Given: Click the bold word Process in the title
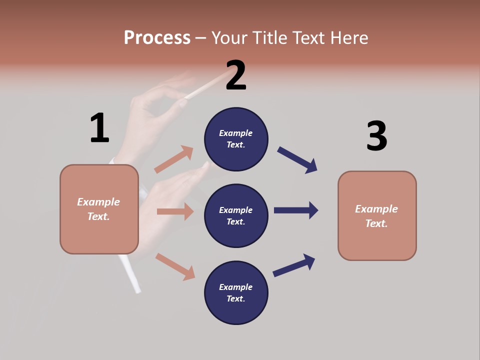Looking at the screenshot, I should tap(157, 38).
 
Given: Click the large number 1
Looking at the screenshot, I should tap(99, 128).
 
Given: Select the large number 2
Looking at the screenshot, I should tap(236, 75).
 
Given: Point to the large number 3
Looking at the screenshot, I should tap(376, 136).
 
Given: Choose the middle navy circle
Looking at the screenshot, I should tap(236, 215).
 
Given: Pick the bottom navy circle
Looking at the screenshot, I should tap(236, 292).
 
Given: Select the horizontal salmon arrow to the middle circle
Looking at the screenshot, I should tap(175, 211).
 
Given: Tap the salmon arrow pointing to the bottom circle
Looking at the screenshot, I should tap(175, 266).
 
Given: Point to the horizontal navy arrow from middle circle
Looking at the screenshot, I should tap(296, 210).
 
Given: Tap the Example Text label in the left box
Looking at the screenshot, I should tap(98, 209).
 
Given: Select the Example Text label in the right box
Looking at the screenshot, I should tap(376, 216).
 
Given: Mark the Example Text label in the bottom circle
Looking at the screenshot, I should tap(235, 292).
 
